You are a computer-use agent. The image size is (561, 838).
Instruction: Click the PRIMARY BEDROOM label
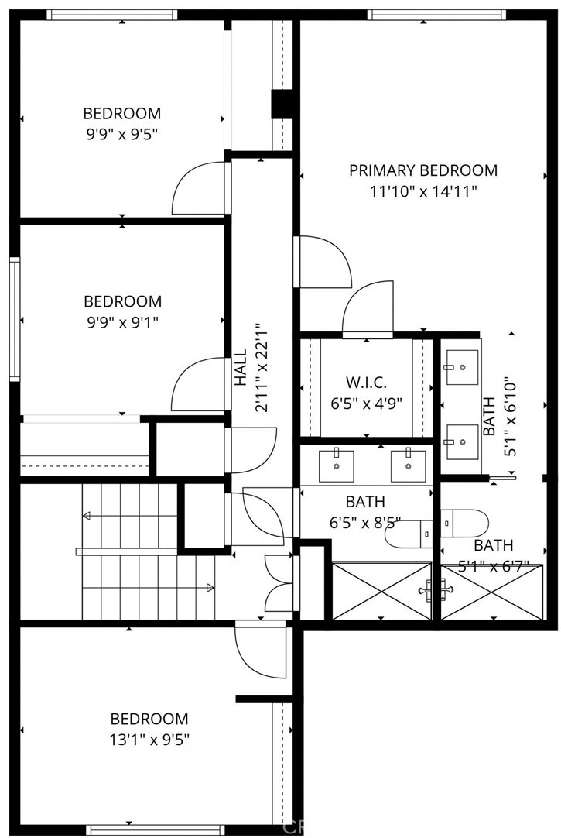point(423,170)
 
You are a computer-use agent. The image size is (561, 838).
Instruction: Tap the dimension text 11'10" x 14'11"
point(423,191)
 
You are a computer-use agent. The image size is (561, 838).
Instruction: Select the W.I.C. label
point(366,382)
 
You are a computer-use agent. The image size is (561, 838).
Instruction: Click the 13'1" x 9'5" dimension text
point(150,740)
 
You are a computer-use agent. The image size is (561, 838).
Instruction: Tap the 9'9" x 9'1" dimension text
point(123,322)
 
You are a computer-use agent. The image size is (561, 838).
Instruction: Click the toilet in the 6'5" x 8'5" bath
point(409,534)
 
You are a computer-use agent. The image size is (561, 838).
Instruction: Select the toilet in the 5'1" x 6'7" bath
point(464,524)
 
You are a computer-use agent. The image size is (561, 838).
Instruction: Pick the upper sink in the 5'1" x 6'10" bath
point(462,367)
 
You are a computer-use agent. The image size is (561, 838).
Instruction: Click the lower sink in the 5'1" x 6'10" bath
point(462,441)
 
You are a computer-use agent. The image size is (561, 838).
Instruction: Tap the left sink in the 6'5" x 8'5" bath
point(337,465)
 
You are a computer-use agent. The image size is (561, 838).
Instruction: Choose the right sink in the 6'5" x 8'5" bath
point(409,465)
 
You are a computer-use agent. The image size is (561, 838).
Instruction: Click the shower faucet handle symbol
point(435,590)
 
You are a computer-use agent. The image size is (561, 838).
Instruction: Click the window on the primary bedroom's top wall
point(436,15)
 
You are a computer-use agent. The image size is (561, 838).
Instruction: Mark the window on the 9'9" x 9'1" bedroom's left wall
point(15,319)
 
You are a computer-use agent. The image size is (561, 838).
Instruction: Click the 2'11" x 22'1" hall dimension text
point(261,367)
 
